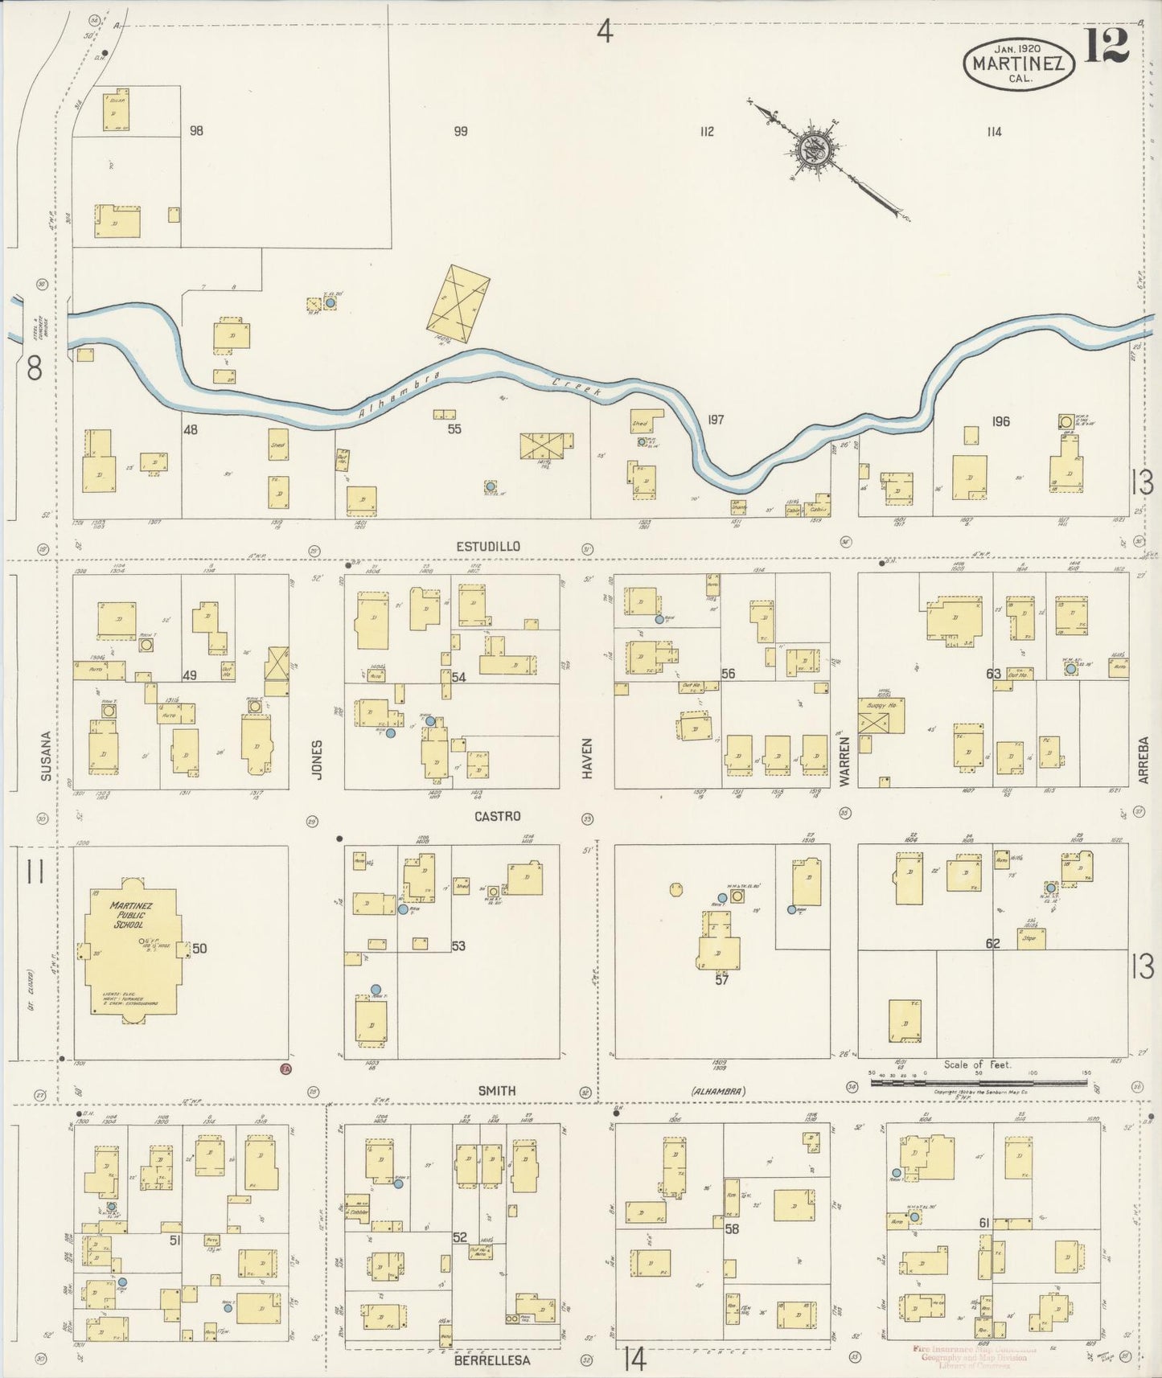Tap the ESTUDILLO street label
(487, 547)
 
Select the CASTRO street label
(497, 816)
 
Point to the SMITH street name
(497, 1091)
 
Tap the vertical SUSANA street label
(46, 756)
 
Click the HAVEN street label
(587, 757)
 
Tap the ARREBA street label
(1144, 760)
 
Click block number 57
(721, 980)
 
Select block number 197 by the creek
(716, 420)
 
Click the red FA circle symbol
(285, 1069)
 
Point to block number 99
(460, 131)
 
